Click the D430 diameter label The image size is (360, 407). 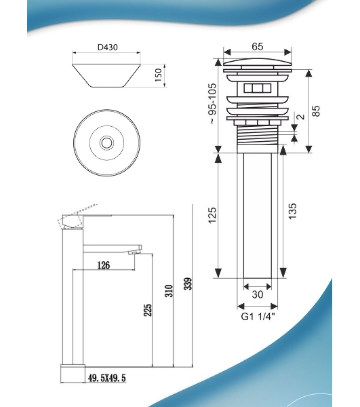pyautogui.click(x=107, y=47)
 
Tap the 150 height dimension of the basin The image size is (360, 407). pyautogui.click(x=159, y=75)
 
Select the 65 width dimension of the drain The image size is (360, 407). pyautogui.click(x=258, y=46)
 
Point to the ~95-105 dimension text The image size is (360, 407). pyautogui.click(x=212, y=103)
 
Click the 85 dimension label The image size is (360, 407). pyautogui.click(x=316, y=111)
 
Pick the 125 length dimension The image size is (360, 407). pyautogui.click(x=212, y=215)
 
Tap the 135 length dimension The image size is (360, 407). pyautogui.click(x=292, y=211)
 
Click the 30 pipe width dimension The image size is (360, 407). pyautogui.click(x=258, y=294)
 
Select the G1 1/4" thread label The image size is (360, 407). pyautogui.click(x=258, y=317)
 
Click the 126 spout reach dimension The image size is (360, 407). pyautogui.click(x=104, y=265)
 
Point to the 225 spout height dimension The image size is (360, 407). pyautogui.click(x=148, y=310)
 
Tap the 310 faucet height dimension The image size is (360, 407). pyautogui.click(x=169, y=291)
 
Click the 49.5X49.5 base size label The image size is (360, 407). pyautogui.click(x=107, y=378)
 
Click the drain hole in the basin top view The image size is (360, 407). pyautogui.click(x=106, y=142)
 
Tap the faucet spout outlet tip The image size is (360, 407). pyautogui.click(x=135, y=252)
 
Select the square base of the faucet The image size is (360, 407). pyautogui.click(x=73, y=374)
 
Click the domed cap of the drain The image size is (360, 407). pyautogui.click(x=258, y=62)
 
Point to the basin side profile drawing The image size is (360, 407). pyautogui.click(x=106, y=75)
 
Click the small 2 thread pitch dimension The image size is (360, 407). pyautogui.click(x=301, y=117)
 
